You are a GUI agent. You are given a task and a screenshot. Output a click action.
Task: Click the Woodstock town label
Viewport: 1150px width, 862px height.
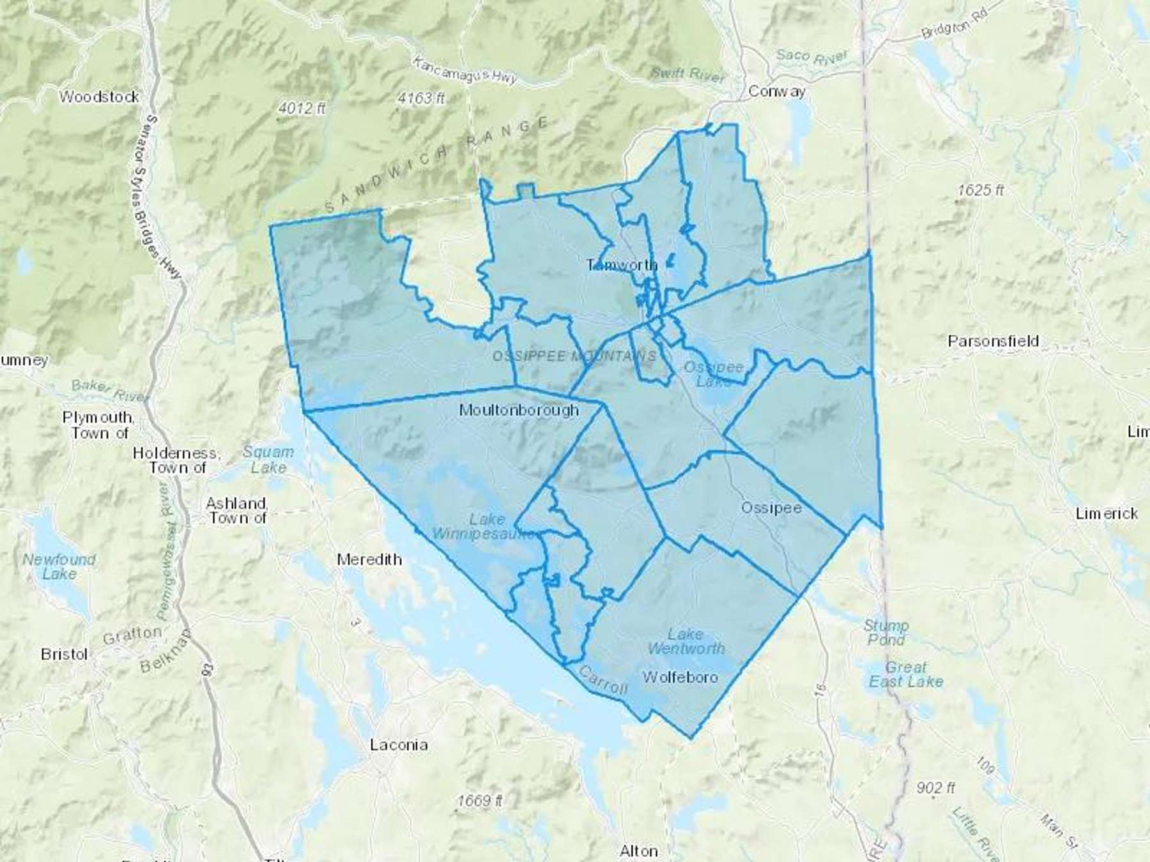point(99,97)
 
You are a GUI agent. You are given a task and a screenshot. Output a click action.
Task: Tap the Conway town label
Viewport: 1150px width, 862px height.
point(776,91)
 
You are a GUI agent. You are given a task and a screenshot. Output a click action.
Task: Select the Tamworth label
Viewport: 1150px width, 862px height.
point(622,265)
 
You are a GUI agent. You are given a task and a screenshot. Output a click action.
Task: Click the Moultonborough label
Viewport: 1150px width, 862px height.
point(519,410)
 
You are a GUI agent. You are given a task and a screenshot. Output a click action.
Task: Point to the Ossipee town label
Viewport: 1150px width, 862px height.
point(770,508)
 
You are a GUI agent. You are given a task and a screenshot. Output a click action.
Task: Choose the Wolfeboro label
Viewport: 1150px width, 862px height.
point(680,677)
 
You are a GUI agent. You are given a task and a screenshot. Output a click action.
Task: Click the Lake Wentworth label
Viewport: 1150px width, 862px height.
point(686,641)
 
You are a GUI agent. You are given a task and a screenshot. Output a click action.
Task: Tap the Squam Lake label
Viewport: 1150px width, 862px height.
point(268,460)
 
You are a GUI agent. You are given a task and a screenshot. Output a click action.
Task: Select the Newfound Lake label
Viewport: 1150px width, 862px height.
point(59,566)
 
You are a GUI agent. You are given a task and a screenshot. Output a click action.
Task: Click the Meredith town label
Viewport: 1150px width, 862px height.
point(369,559)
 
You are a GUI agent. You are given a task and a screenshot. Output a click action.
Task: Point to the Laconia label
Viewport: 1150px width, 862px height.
point(399,745)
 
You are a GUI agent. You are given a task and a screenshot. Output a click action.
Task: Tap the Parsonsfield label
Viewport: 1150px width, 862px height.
point(993,341)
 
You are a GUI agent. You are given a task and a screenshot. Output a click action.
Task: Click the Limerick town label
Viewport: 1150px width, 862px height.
point(1106,513)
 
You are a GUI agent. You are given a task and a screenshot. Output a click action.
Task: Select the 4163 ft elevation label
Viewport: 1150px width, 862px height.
point(420,98)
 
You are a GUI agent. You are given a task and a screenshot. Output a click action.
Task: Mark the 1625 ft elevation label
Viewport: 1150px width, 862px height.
point(981,190)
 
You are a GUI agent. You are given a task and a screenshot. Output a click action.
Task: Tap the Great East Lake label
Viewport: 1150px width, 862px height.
point(905,674)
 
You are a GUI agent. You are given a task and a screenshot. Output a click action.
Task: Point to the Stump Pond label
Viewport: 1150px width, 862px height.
point(885,632)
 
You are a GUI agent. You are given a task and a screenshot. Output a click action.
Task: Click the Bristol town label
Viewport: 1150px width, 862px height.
point(64,654)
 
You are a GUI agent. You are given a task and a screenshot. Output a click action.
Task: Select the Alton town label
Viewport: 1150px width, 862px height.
point(638,851)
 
